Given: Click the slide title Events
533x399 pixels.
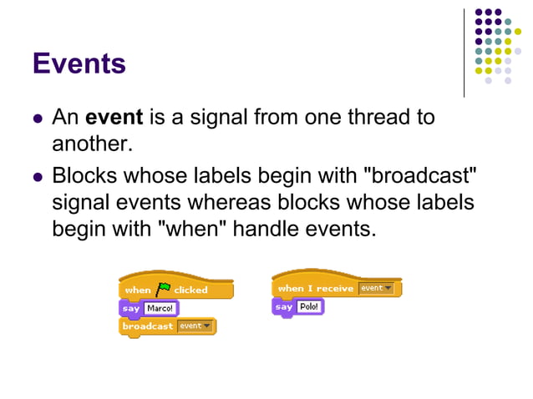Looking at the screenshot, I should tap(79, 63).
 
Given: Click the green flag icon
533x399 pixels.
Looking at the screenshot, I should tap(163, 289).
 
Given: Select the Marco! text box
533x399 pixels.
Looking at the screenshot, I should tap(159, 308).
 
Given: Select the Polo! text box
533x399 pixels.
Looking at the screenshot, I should tap(309, 307).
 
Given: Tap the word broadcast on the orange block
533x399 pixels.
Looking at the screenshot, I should tap(147, 326).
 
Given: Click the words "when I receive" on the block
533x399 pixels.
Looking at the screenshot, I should tap(314, 289).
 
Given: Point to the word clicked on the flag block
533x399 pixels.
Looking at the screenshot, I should tap(190, 290).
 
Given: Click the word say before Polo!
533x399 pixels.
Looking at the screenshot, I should tap(284, 307).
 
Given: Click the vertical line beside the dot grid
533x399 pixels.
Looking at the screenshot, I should tap(464, 52).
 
